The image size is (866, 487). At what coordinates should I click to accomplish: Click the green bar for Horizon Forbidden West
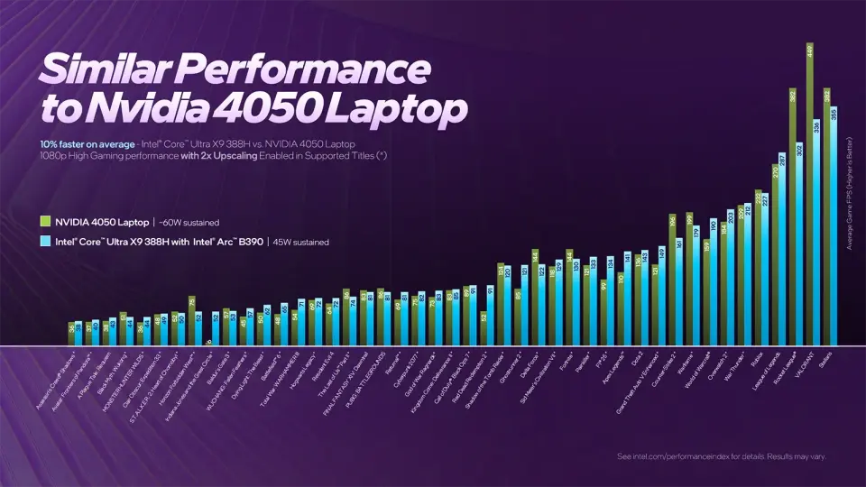tap(192, 321)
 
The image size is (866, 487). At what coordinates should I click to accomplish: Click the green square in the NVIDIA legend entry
tap(45, 221)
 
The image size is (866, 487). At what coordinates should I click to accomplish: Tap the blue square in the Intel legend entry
tap(45, 242)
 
